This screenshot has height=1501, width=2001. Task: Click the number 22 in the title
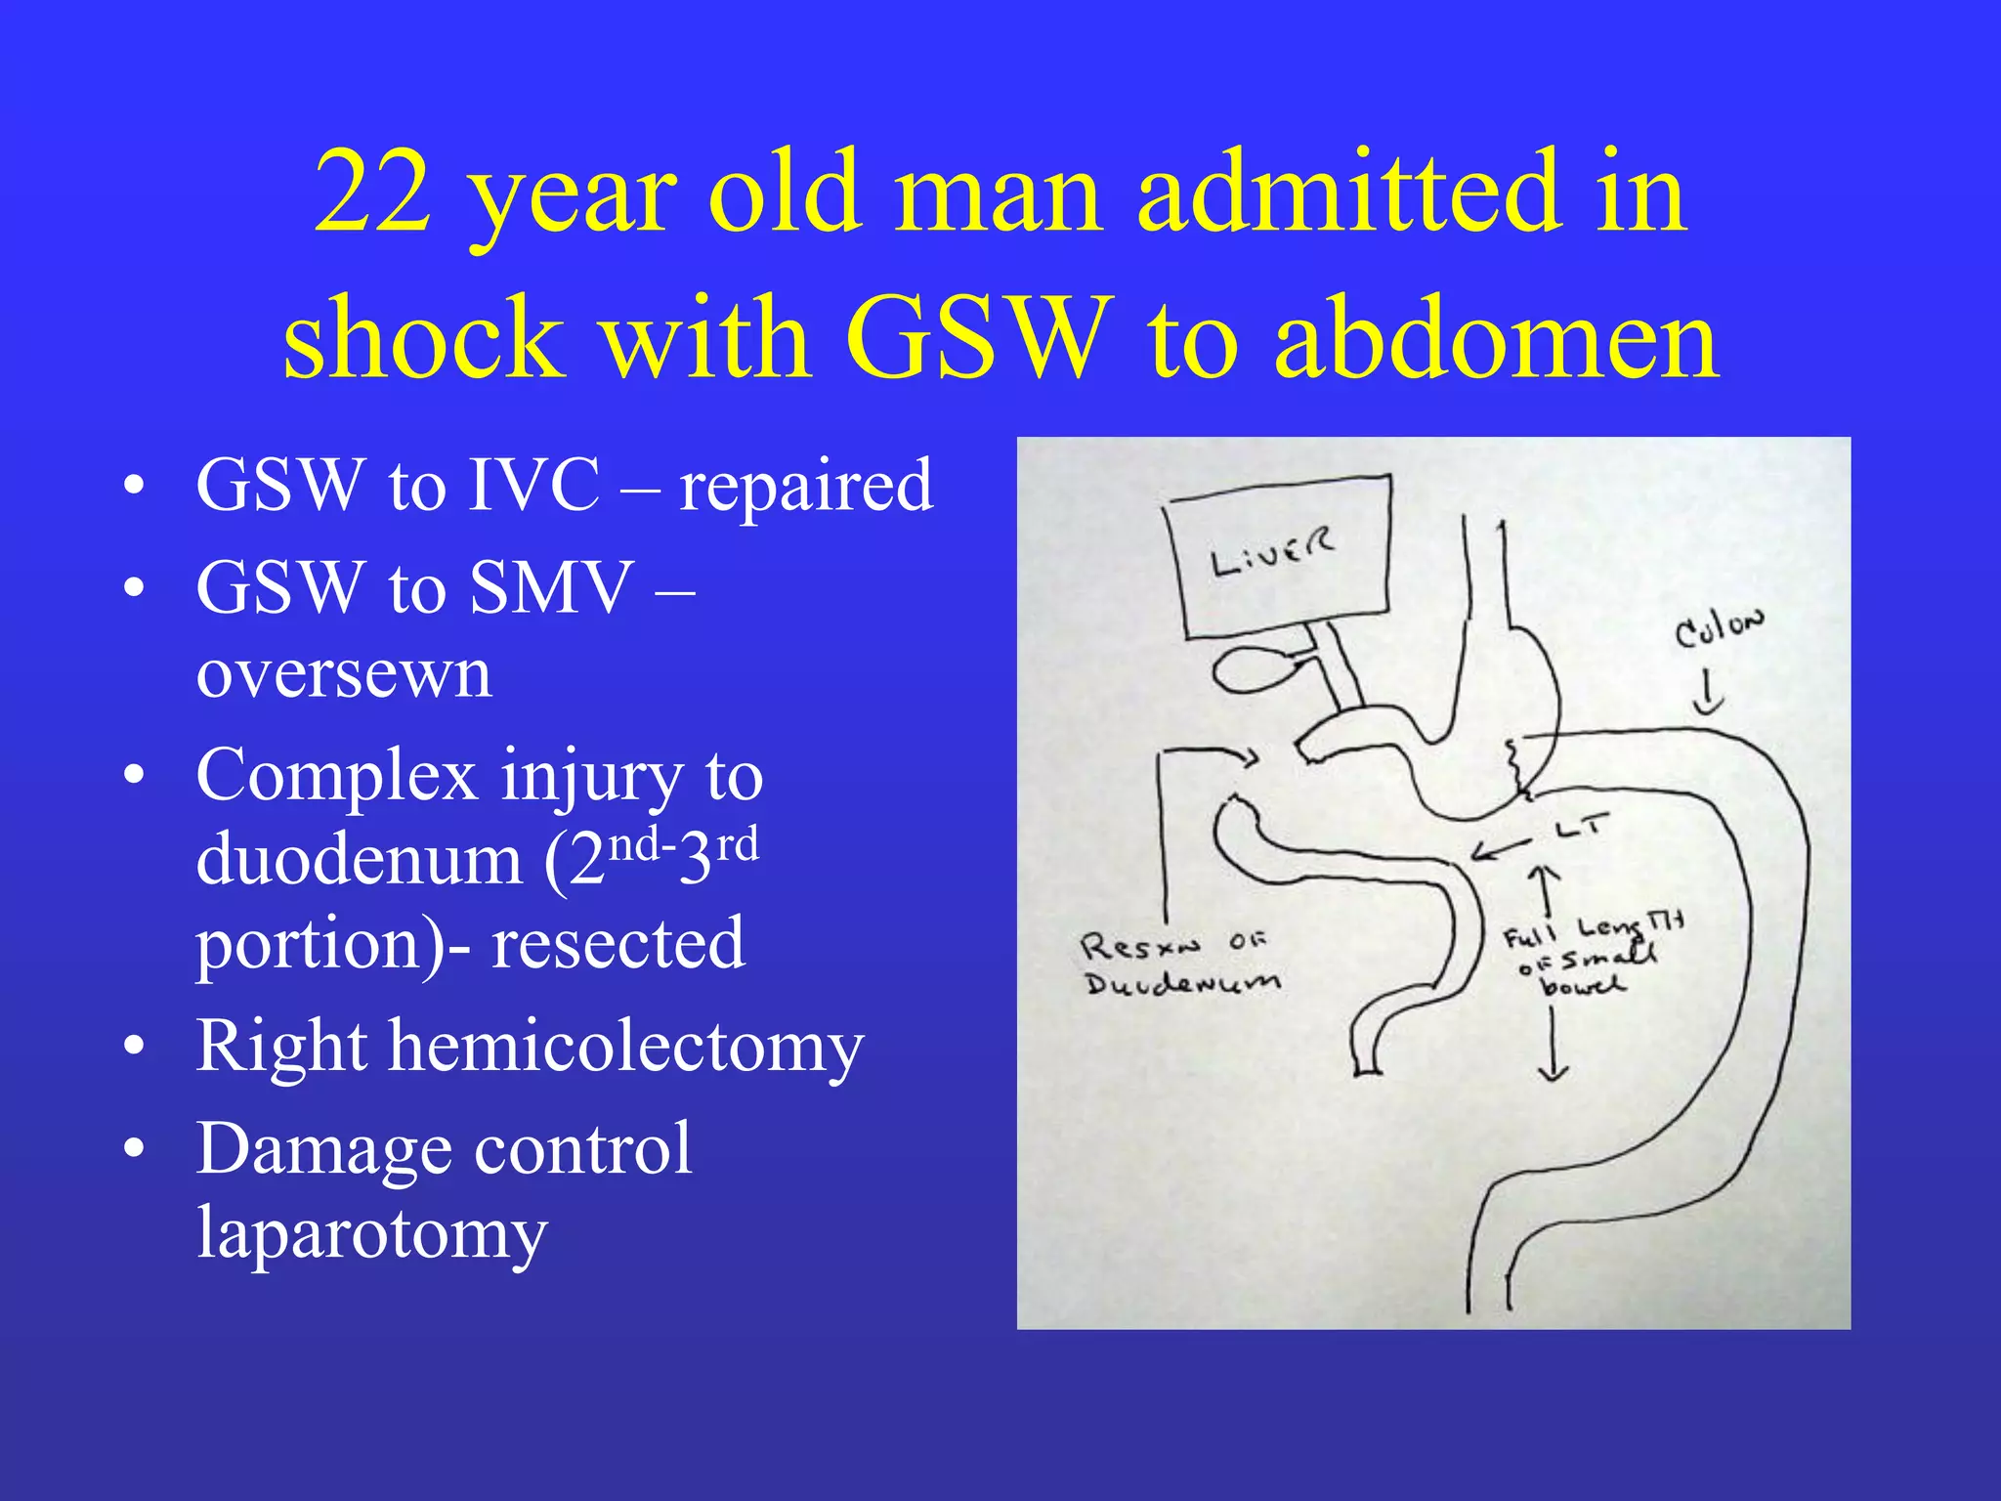point(372,193)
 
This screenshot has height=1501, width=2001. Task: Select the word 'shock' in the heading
point(423,338)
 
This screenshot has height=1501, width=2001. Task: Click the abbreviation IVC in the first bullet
point(533,485)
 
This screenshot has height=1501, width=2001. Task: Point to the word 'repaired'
point(806,485)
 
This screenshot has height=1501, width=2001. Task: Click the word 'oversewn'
point(344,674)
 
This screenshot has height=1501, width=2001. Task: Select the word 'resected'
point(617,944)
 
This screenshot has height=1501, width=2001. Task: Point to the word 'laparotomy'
point(371,1233)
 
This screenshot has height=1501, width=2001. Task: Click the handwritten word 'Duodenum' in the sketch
point(1181,982)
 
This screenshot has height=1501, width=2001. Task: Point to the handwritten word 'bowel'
point(1582,984)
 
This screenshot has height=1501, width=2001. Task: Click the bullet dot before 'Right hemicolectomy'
point(135,1048)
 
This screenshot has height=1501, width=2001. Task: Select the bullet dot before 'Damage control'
point(135,1150)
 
